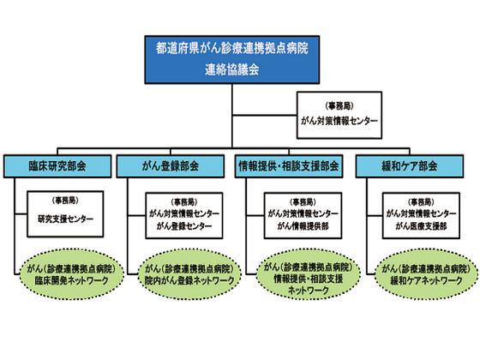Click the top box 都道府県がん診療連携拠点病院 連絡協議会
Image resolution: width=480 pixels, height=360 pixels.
click(232, 57)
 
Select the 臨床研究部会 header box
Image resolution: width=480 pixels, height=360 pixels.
click(57, 165)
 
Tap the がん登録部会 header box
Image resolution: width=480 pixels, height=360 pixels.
click(173, 165)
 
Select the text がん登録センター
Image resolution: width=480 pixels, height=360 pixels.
click(180, 226)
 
